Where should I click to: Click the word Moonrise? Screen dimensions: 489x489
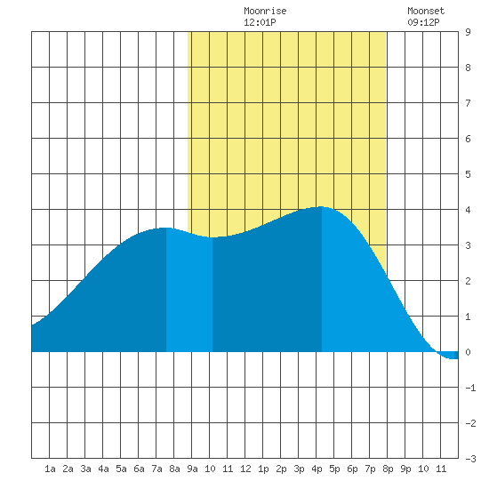(x=265, y=11)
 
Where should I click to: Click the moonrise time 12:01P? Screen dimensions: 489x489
(x=260, y=22)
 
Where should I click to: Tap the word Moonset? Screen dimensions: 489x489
(x=426, y=11)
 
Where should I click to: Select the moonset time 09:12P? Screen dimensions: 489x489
(x=423, y=22)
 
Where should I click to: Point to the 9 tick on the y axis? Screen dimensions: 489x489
(x=468, y=32)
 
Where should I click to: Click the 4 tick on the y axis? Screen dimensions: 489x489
(x=468, y=210)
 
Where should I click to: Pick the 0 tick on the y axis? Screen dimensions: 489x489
(x=468, y=352)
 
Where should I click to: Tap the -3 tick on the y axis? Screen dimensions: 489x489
(x=470, y=459)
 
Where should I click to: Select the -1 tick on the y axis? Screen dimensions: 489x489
(x=470, y=388)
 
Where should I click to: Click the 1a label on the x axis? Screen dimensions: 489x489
(x=50, y=469)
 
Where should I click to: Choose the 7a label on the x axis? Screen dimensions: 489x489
(x=156, y=469)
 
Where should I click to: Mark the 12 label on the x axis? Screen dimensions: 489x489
(x=245, y=469)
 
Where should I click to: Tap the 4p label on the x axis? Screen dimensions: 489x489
(x=317, y=469)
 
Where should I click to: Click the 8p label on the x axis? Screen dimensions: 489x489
(x=388, y=469)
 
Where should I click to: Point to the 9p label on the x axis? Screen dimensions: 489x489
(x=405, y=469)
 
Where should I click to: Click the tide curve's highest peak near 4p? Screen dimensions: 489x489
(x=321, y=207)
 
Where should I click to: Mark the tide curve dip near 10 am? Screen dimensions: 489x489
(x=212, y=237)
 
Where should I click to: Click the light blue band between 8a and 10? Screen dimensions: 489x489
(x=189, y=293)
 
